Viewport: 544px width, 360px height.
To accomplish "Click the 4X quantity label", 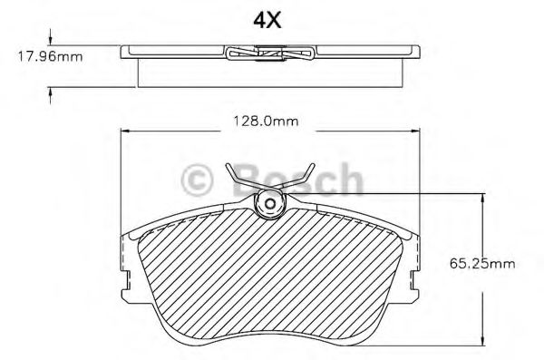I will coord(267,20).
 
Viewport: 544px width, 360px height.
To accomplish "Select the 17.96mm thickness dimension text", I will coord(51,57).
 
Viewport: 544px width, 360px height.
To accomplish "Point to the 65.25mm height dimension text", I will coord(482,264).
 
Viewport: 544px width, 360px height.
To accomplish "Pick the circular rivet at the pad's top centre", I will coord(270,206).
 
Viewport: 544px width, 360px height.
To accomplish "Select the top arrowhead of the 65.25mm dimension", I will coord(481,197).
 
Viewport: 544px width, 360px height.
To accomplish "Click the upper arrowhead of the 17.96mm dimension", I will coord(51,40).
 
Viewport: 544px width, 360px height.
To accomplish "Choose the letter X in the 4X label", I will coord(275,20).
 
